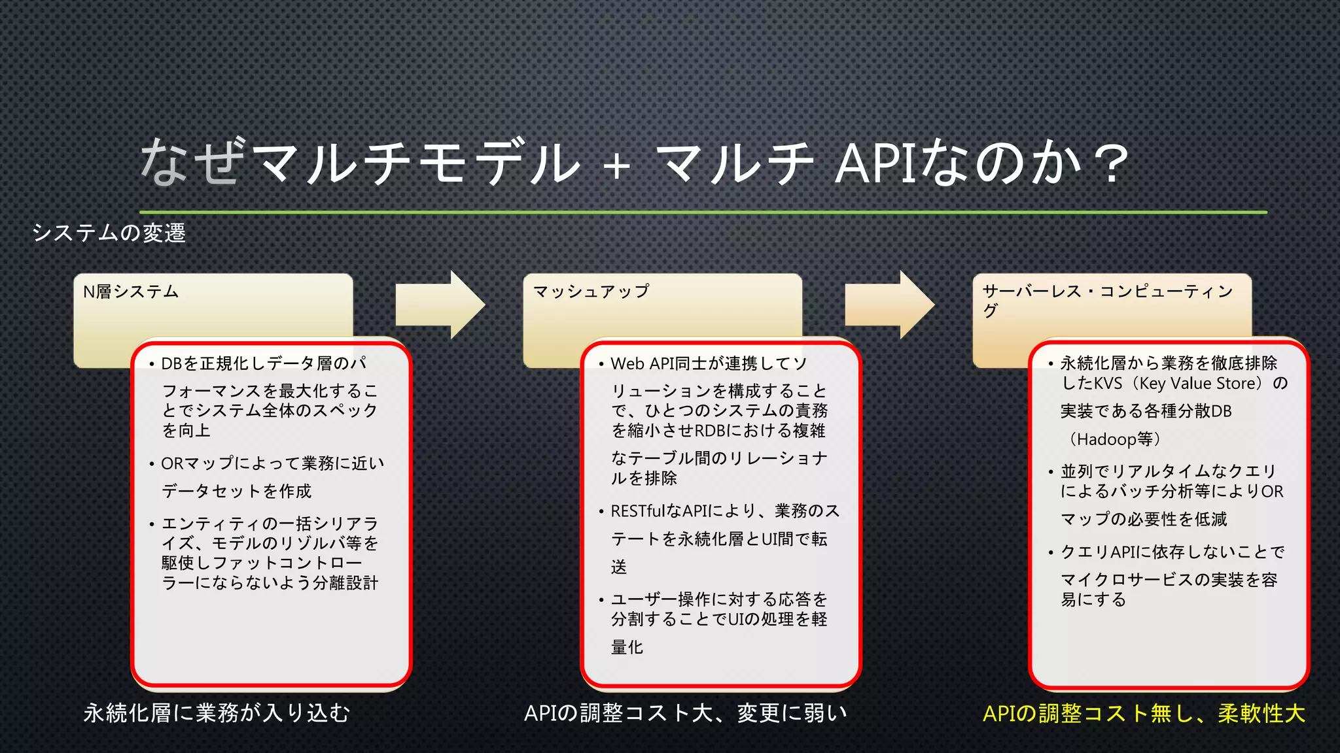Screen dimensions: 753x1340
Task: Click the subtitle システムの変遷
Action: click(x=109, y=233)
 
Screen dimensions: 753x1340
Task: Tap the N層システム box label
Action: click(x=131, y=292)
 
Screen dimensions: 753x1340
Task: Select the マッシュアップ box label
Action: click(x=591, y=292)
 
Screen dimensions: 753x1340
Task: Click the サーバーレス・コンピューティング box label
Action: click(x=1107, y=299)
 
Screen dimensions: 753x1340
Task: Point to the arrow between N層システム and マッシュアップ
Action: click(x=440, y=305)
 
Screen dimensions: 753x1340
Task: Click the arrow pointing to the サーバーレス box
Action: click(x=889, y=305)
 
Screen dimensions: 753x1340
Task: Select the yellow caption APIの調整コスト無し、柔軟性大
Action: click(x=1144, y=713)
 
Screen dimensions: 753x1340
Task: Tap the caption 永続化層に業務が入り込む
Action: click(x=217, y=713)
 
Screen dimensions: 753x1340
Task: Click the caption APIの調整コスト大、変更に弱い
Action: click(x=686, y=713)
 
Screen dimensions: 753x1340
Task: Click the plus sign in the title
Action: click(x=617, y=166)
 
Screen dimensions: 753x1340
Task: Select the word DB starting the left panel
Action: click(x=171, y=363)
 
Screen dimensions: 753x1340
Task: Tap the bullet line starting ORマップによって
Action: click(x=272, y=463)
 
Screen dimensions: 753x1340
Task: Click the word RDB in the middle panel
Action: click(x=709, y=431)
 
